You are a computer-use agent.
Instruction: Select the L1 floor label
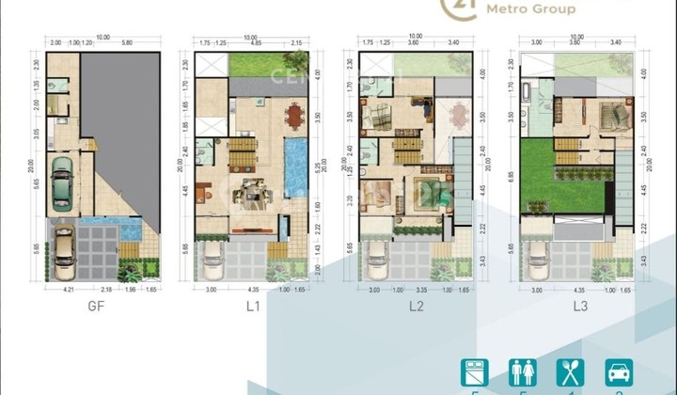pyautogui.click(x=252, y=306)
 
